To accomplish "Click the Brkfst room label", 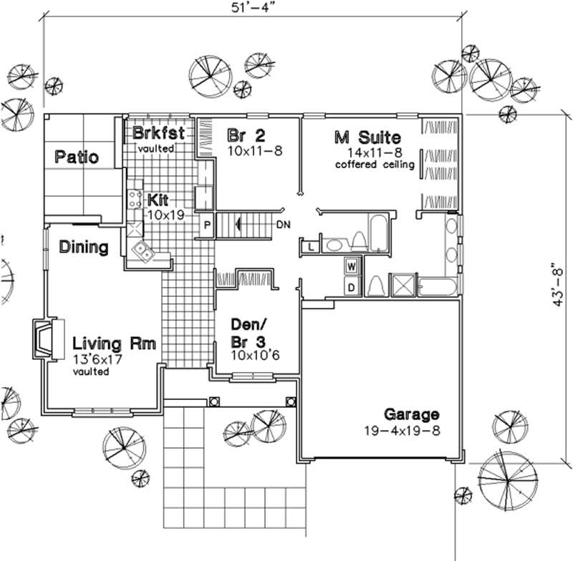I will (159, 133).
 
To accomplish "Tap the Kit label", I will (158, 199).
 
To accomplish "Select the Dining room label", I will (84, 248).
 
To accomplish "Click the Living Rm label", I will (115, 343).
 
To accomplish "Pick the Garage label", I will (411, 414).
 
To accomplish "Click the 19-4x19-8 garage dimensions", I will (400, 431).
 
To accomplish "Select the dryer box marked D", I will (352, 288).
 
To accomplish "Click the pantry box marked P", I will (207, 223).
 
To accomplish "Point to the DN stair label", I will (283, 224).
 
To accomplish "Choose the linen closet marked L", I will (310, 247).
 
